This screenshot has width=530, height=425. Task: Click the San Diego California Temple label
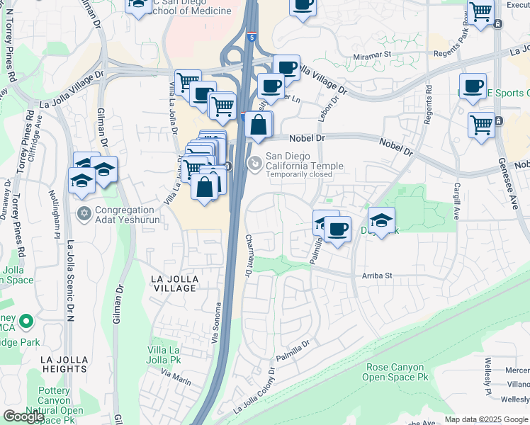[304, 161]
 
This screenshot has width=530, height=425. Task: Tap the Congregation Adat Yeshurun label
[125, 215]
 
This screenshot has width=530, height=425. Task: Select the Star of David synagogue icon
[84, 213]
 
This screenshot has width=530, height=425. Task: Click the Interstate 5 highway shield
[252, 35]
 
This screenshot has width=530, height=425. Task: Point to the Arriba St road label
[377, 275]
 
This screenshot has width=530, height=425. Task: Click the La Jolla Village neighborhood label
[174, 284]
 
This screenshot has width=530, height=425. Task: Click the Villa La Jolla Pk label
[164, 356]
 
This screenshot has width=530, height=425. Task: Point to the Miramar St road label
[373, 54]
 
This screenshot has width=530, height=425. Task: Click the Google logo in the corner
[23, 416]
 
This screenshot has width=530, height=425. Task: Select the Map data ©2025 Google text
[486, 419]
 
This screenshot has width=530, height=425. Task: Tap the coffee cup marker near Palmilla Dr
[338, 228]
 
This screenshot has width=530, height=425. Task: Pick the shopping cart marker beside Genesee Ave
[482, 124]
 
